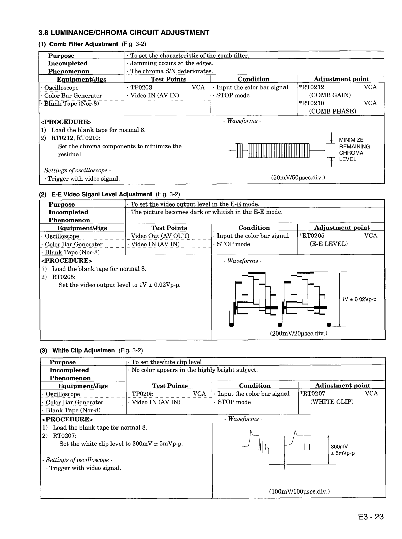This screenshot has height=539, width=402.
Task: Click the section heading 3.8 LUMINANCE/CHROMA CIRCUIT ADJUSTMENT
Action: click(124, 33)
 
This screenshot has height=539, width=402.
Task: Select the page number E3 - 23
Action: click(368, 517)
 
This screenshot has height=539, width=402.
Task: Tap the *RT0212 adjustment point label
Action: click(311, 87)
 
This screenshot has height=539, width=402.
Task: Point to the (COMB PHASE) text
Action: click(333, 111)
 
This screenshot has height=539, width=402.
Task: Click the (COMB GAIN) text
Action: click(330, 95)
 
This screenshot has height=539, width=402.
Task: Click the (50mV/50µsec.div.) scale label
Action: click(298, 177)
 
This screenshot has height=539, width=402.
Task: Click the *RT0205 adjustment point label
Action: click(312, 236)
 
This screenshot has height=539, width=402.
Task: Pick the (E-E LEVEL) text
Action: click(329, 244)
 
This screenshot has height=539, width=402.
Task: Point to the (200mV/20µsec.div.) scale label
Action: click(298, 333)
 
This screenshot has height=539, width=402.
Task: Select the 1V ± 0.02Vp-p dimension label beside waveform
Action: click(359, 299)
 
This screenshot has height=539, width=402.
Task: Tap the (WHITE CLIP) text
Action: click(332, 402)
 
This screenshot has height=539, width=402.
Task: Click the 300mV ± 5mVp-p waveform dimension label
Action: click(342, 450)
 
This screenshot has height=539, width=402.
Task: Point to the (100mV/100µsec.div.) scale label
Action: click(299, 491)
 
